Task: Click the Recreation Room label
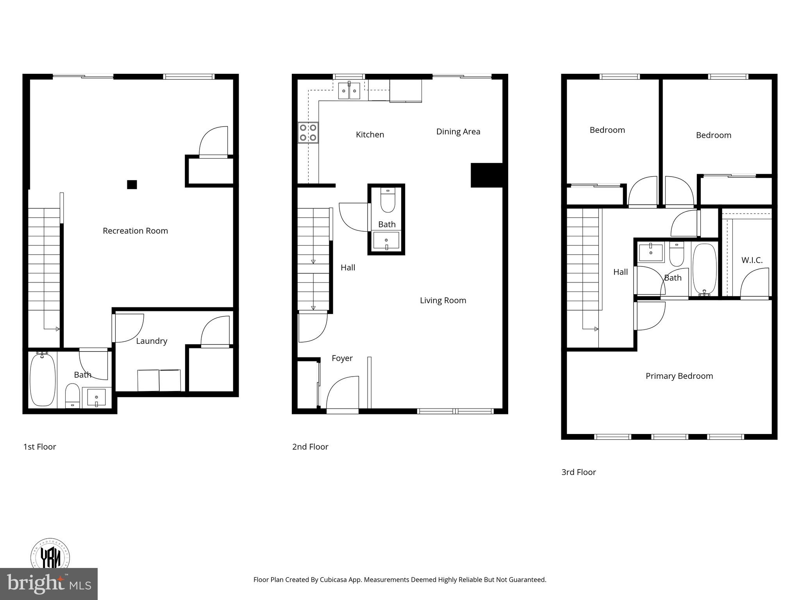(135, 231)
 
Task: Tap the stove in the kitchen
(308, 132)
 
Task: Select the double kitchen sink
(349, 91)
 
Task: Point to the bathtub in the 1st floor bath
(43, 380)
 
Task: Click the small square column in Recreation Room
(132, 184)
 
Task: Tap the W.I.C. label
(752, 260)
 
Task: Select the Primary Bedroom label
(679, 376)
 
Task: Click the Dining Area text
(458, 132)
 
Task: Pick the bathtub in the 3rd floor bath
(704, 270)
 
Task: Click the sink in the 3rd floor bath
(651, 252)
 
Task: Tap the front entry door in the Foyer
(343, 395)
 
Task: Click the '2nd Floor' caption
(310, 447)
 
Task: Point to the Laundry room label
(152, 341)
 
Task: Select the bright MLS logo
(48, 584)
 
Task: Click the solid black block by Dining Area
(486, 175)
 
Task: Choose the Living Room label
(443, 300)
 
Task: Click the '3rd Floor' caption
(579, 472)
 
